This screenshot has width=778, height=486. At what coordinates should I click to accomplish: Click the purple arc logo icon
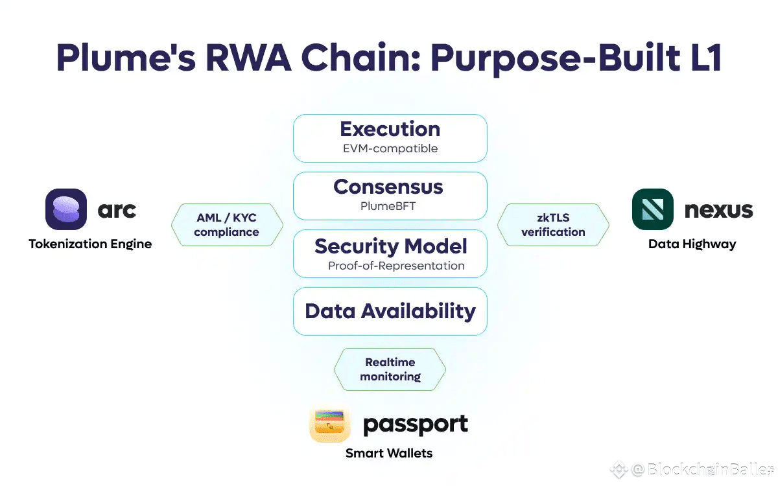tap(66, 209)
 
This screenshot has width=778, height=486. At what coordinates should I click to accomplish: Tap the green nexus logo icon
tap(653, 209)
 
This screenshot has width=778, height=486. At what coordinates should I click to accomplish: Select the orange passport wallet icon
tap(329, 424)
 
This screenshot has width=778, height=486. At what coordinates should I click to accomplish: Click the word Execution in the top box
tap(390, 129)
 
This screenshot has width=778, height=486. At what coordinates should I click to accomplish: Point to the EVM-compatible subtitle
tap(390, 148)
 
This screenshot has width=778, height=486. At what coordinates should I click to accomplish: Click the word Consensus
tap(388, 187)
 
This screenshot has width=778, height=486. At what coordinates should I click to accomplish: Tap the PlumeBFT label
tap(388, 206)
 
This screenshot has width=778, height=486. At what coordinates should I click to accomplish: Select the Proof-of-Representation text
tap(396, 266)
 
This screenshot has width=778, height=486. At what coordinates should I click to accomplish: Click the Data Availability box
tap(390, 312)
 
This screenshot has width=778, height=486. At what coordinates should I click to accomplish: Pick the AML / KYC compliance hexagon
tap(227, 225)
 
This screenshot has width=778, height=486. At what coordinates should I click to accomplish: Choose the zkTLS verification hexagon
tap(553, 225)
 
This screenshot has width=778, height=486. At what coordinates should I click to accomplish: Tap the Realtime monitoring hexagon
tap(390, 369)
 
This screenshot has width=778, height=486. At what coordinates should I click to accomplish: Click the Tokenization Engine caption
tap(90, 244)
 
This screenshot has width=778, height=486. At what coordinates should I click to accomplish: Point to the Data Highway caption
tap(692, 244)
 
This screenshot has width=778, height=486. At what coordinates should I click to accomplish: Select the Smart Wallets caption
tap(389, 454)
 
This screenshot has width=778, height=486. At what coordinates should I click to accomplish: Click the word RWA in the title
tap(248, 58)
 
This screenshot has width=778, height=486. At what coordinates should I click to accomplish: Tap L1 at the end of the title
tap(707, 58)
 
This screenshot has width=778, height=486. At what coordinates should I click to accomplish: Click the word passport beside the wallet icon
tap(416, 425)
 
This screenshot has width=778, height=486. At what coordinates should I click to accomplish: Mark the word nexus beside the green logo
tap(718, 210)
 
